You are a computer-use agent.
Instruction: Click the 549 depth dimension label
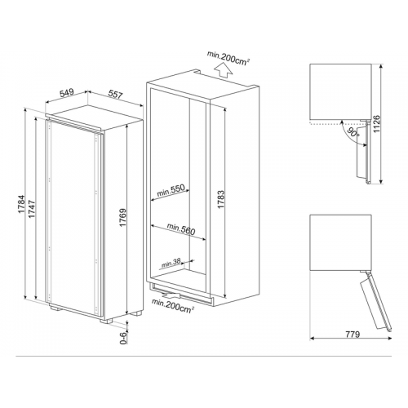(x=67, y=92)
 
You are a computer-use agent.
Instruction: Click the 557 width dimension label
(x=115, y=95)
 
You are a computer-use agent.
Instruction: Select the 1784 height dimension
(x=21, y=204)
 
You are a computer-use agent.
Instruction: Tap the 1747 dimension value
(x=32, y=209)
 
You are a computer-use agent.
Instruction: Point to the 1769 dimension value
(x=122, y=218)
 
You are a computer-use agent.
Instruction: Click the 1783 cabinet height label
(x=221, y=199)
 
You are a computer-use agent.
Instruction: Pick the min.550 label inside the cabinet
(x=171, y=190)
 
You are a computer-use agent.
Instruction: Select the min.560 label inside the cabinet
(x=181, y=228)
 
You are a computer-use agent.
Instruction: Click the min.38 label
(x=171, y=263)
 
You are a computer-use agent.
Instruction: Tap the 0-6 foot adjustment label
(x=123, y=338)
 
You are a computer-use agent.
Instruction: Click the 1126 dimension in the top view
(x=377, y=124)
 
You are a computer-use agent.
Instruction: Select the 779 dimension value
(x=352, y=334)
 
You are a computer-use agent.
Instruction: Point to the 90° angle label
(x=353, y=132)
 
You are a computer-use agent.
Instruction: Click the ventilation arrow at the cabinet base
(x=171, y=295)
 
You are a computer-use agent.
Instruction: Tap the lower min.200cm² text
(x=173, y=306)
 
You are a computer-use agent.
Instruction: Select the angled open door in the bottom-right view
(x=376, y=301)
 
